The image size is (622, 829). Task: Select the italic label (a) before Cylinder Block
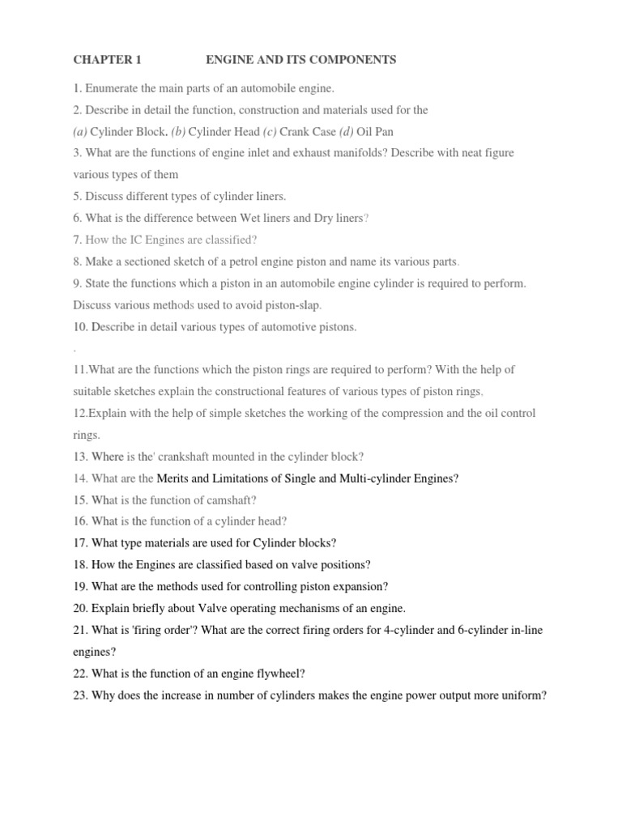click(x=80, y=131)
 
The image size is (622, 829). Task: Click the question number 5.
click(x=77, y=197)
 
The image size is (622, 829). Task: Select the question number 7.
click(x=77, y=240)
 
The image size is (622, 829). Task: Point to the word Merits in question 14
click(x=173, y=478)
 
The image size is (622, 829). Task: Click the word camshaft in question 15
click(x=232, y=500)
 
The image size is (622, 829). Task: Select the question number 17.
click(x=80, y=543)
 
